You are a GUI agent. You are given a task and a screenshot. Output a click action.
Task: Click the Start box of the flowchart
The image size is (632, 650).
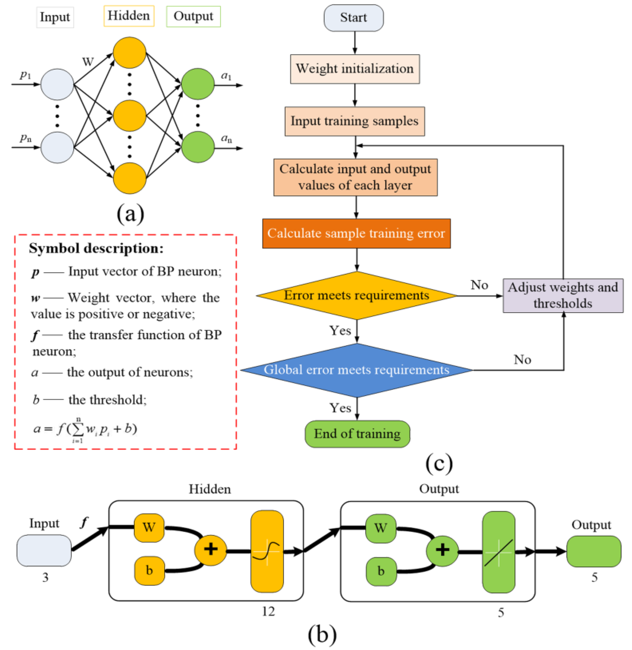[354, 18]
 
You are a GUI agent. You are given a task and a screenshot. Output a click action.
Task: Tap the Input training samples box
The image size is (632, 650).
[354, 121]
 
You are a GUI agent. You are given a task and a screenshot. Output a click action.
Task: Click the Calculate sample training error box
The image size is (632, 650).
[356, 233]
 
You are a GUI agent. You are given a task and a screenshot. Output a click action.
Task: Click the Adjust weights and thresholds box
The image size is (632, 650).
[563, 296]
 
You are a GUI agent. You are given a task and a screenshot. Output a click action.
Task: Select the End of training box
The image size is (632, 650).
[358, 434]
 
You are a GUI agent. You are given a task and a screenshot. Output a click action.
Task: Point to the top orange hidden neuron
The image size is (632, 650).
[129, 53]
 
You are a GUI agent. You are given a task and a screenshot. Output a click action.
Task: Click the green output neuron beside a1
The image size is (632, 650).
[198, 84]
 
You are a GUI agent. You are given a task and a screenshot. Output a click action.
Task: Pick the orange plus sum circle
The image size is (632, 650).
[211, 550]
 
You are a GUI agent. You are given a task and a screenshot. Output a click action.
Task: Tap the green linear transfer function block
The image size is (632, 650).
[499, 552]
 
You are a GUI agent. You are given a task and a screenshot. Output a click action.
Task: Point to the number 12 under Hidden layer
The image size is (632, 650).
[268, 612]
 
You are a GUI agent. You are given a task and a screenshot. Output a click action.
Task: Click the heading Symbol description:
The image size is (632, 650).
[96, 248]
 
